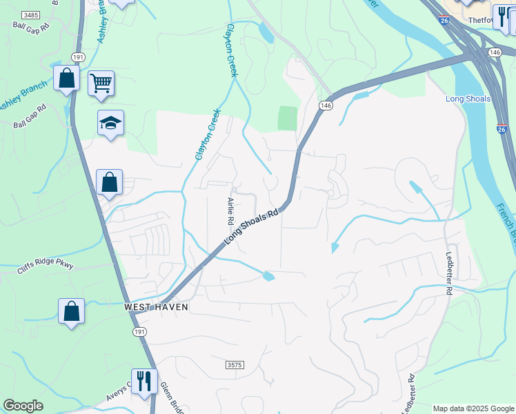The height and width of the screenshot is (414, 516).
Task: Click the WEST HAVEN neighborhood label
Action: click(x=156, y=306)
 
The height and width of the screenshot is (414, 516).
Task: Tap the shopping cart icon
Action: click(x=101, y=83)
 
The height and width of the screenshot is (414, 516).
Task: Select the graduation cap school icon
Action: click(x=110, y=123)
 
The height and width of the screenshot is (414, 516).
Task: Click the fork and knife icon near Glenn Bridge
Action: click(x=144, y=380)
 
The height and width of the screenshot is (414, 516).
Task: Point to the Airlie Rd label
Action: click(x=230, y=211)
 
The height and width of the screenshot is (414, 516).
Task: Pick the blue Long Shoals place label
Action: click(x=468, y=99)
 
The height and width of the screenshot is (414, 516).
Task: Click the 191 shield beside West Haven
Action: click(x=139, y=331)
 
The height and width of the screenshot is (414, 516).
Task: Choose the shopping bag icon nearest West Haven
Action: click(x=72, y=311)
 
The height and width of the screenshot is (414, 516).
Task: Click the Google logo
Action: click(x=23, y=406)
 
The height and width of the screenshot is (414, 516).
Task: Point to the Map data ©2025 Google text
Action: click(x=473, y=408)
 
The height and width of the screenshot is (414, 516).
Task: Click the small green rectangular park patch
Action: click(x=288, y=118)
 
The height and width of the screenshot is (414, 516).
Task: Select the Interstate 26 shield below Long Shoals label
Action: click(x=502, y=128)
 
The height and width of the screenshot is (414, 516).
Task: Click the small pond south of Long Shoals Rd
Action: click(x=268, y=277)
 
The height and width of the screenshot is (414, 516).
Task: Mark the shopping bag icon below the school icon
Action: click(x=109, y=183)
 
